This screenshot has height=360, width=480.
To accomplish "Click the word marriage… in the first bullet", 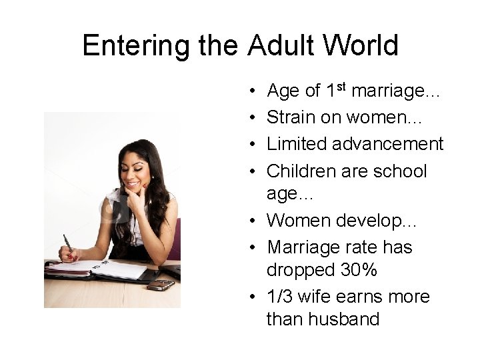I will point(396,91).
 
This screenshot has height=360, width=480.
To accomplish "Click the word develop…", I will point(381,221).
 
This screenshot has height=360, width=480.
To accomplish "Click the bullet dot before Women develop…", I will point(257,221).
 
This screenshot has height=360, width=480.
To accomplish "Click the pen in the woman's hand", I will point(67,245).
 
